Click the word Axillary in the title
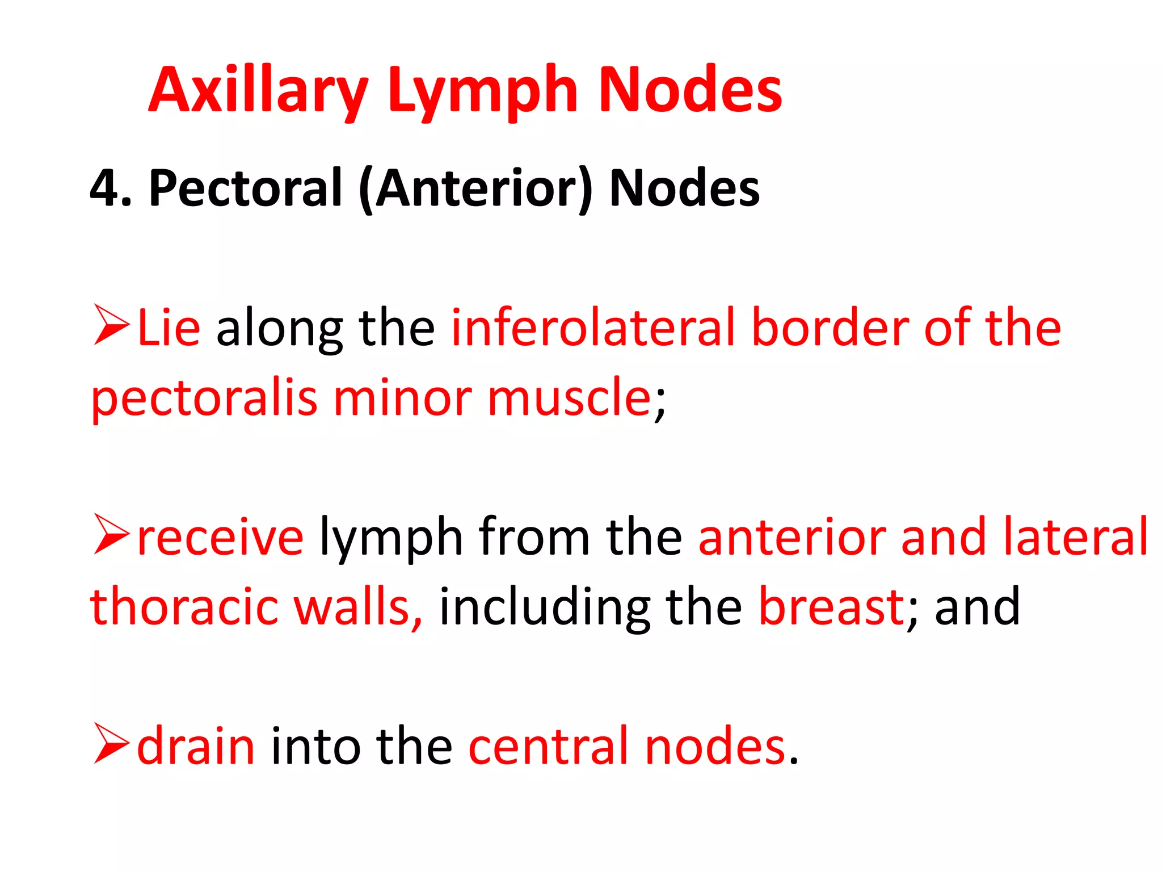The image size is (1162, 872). click(258, 91)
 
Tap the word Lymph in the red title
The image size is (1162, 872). click(483, 91)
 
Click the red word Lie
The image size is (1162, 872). click(169, 328)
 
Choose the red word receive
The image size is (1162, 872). click(220, 537)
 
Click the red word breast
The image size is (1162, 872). click(832, 607)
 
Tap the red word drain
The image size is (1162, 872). click(196, 746)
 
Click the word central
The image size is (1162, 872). click(549, 746)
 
